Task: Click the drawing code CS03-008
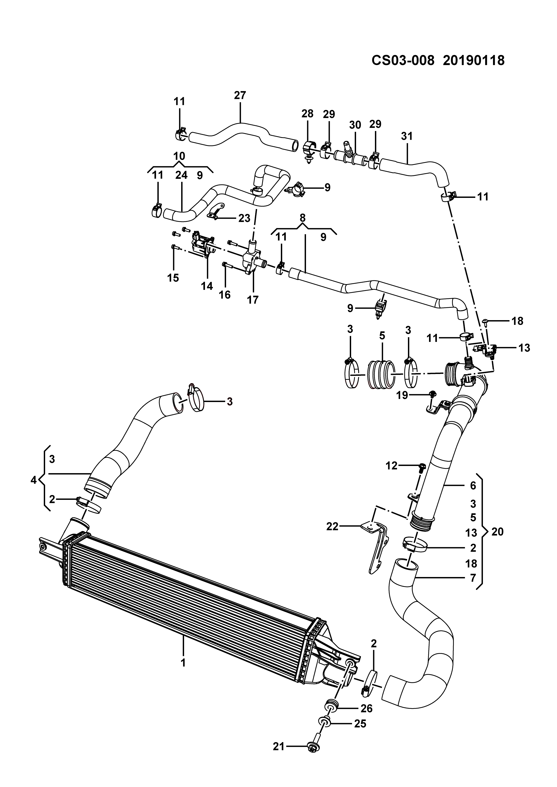click(x=403, y=61)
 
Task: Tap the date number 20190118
click(x=474, y=61)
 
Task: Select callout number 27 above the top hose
click(x=240, y=95)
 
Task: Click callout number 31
click(x=407, y=136)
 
